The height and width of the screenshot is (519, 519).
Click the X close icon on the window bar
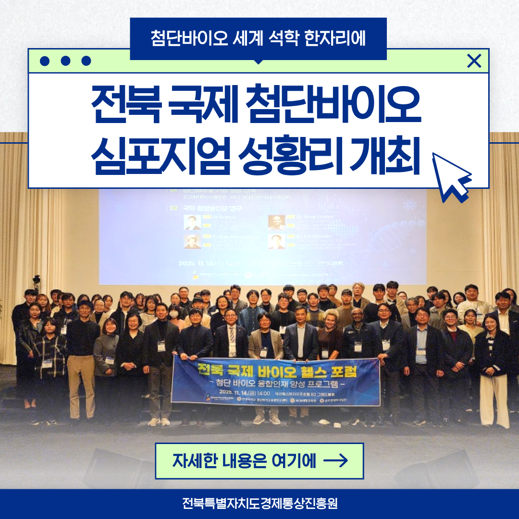(474, 61)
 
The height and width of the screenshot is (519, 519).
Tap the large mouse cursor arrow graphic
(450, 176)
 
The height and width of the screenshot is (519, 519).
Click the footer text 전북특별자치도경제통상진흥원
(259, 504)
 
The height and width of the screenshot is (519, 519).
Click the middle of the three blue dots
(66, 61)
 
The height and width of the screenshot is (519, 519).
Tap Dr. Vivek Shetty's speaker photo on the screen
(276, 222)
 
